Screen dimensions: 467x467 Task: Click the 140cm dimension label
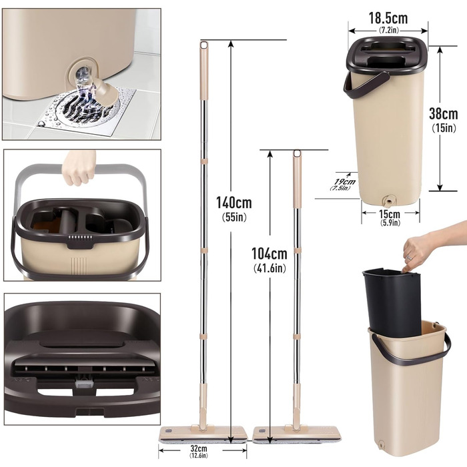pos(233,203)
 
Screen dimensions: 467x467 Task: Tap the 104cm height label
pos(270,254)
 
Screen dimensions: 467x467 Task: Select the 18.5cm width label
pos(388,18)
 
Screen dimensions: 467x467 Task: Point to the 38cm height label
pos(444,113)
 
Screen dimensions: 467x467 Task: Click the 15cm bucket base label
pos(390,214)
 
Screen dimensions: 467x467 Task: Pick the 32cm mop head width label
pos(199,448)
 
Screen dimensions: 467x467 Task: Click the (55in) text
pos(234,217)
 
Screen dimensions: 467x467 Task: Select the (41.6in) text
pos(270,268)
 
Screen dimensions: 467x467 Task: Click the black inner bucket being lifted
pos(392,302)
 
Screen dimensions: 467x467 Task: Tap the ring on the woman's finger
pos(410,258)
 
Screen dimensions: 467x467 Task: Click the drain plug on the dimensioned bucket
pos(388,201)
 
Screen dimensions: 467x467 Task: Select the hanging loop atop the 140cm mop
pos(204,45)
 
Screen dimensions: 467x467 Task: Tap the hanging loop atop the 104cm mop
pos(297,153)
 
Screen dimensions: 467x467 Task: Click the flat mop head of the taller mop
pos(203,435)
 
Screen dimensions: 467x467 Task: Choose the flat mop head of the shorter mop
pos(297,435)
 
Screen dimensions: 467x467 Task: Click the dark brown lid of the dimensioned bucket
pos(387,55)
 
